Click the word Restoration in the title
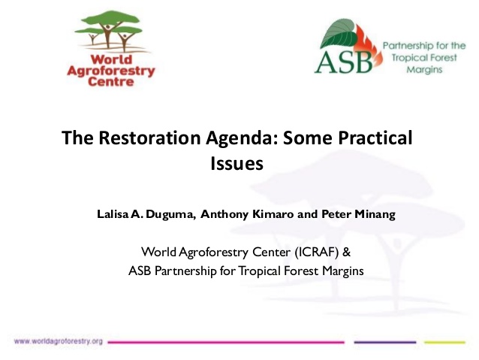pos(149,138)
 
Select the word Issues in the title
pos(236,163)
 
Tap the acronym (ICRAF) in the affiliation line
pos(317,253)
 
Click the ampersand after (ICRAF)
pos(347,253)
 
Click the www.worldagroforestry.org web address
pos(59,341)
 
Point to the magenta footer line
pos(226,342)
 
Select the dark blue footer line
pos(385,342)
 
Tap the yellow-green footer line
pos(444,342)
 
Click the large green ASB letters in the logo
pos(344,62)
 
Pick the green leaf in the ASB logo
pos(339,34)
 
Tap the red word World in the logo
pos(111,59)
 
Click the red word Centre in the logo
pos(111,82)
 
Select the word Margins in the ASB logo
pos(425,70)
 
